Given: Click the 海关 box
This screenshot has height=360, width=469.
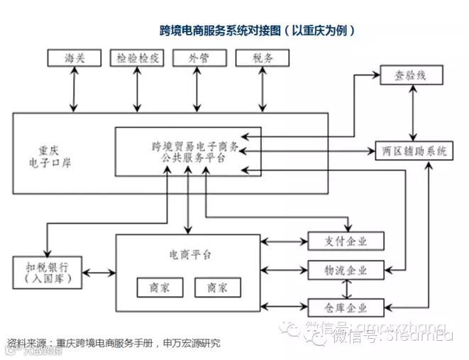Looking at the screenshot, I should pos(74,58).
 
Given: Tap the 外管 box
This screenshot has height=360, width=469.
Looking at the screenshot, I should pos(199,58).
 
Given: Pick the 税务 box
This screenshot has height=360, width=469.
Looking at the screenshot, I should pos(263,58).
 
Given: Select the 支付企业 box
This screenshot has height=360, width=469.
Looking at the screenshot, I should pos(346,241).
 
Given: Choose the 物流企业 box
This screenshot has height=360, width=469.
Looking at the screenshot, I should pos(346,271).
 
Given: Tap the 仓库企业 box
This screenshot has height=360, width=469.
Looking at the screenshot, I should pos(346,307).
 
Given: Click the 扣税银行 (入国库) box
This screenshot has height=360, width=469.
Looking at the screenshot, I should pos(47,273).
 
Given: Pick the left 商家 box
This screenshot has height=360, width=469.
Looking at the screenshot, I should pos(160,288).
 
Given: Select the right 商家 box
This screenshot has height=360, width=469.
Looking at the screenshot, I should pos(217,288).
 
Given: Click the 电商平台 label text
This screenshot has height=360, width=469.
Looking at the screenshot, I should pos(189,253).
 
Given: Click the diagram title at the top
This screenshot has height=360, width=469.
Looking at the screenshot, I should pos(256,31).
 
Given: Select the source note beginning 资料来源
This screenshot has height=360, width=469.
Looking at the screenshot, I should pos(114,343).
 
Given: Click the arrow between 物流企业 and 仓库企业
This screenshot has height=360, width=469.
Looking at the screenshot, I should pos(346,289).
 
